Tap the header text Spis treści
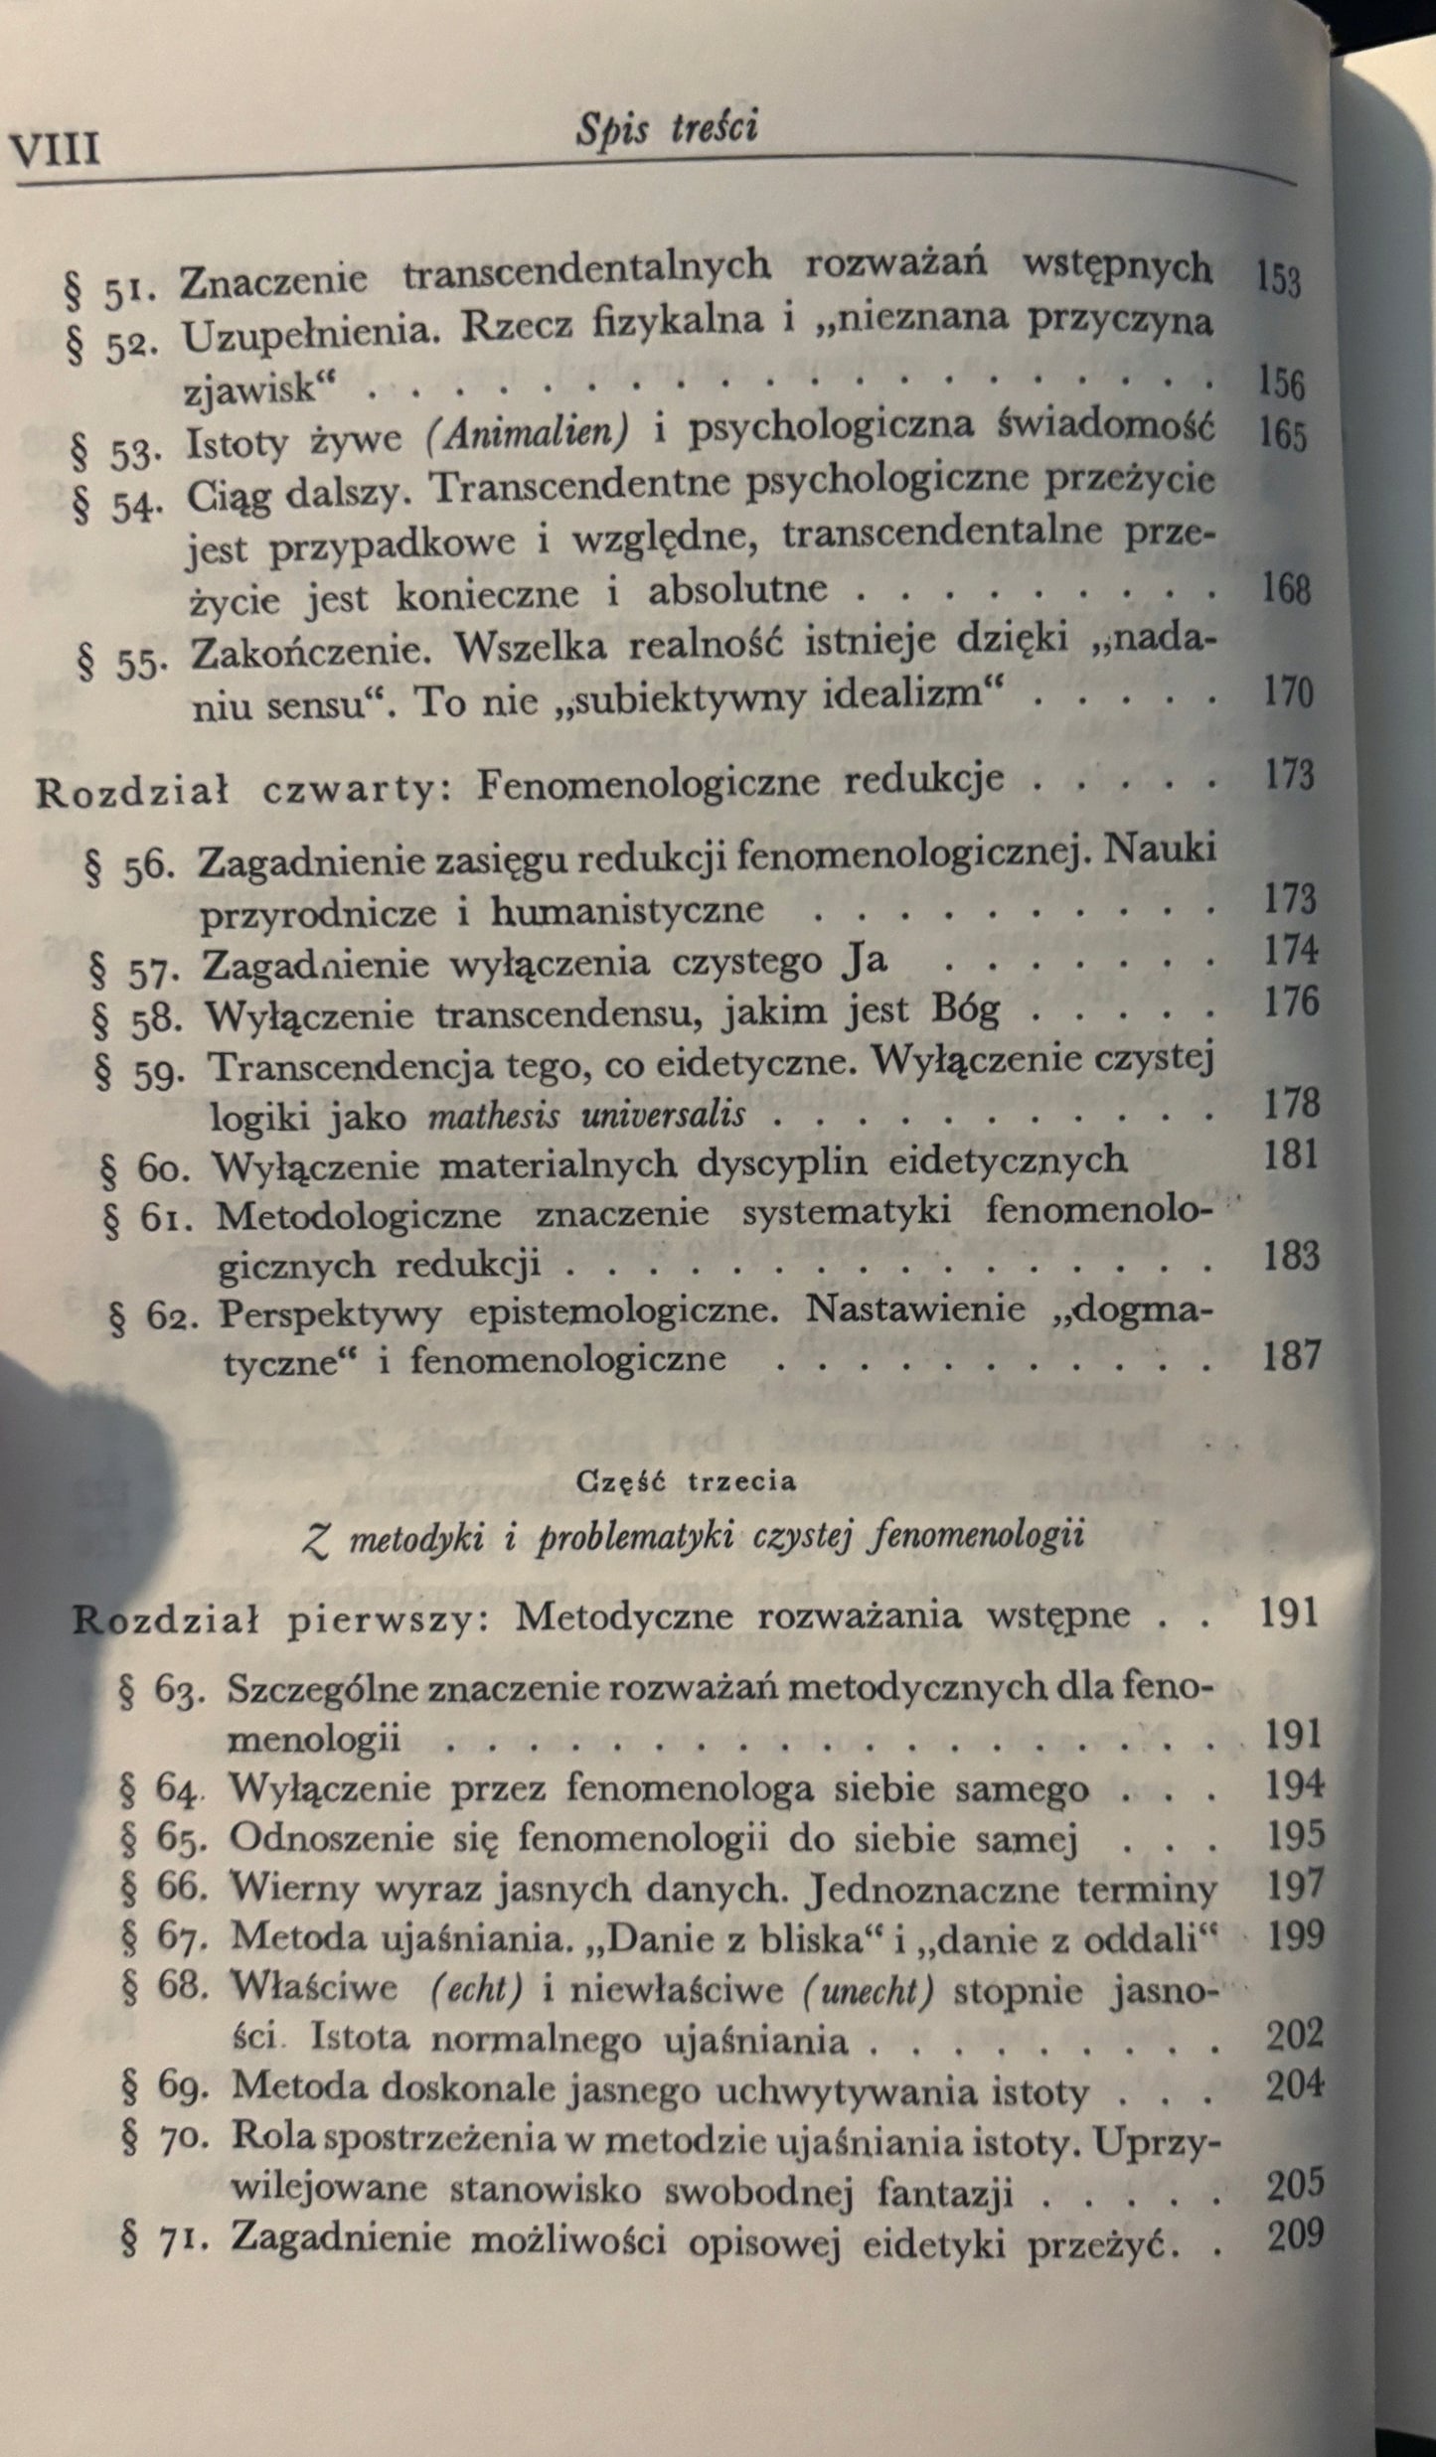coord(667,129)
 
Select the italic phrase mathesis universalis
coord(586,1114)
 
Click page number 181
coord(1291,1154)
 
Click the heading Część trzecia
coord(687,1481)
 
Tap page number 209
coord(1296,2234)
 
